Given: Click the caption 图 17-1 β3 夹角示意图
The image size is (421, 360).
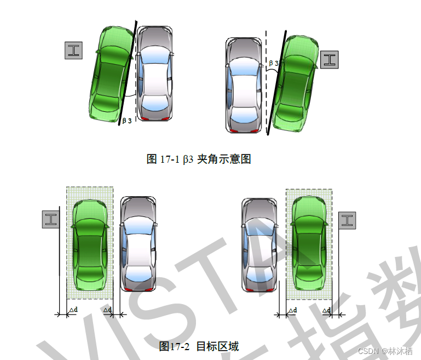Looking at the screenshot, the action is pyautogui.click(x=199, y=159).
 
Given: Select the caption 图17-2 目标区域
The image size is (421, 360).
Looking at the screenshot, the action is pyautogui.click(x=199, y=346).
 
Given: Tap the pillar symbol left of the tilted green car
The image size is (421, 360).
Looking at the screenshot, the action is pyautogui.click(x=73, y=50).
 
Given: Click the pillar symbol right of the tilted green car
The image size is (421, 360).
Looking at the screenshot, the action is pyautogui.click(x=329, y=60).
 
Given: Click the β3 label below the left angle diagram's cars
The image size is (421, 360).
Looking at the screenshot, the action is pyautogui.click(x=126, y=121).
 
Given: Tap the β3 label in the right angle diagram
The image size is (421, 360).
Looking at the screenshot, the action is pyautogui.click(x=273, y=64).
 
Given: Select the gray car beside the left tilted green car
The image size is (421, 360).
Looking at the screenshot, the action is pyautogui.click(x=154, y=73).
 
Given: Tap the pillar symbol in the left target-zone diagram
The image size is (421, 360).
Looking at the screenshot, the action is pyautogui.click(x=51, y=220).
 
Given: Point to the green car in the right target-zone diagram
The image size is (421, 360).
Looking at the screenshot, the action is pyautogui.click(x=309, y=244).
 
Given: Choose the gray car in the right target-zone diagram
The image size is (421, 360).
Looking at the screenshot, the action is pyautogui.click(x=259, y=244).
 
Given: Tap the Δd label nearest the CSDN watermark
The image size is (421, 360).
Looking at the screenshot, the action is pyautogui.click(x=327, y=311).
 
